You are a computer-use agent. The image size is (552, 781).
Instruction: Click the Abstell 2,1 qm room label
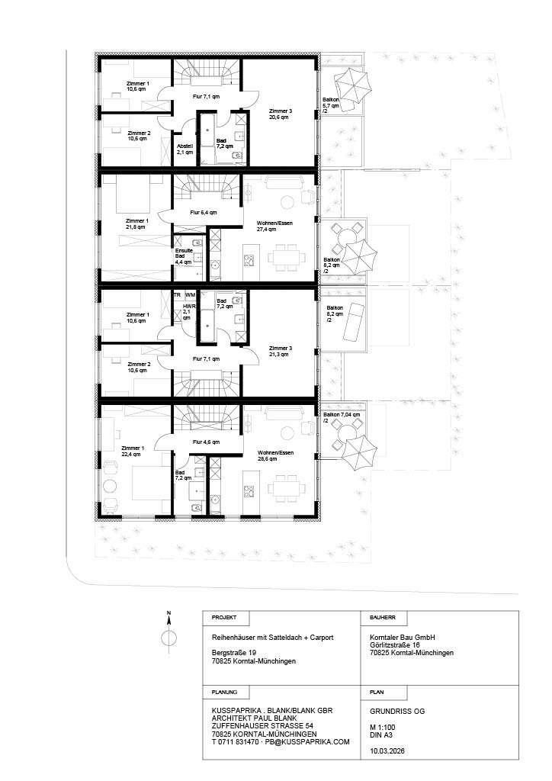(x=185, y=149)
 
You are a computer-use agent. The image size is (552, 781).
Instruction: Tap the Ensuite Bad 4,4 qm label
(x=183, y=256)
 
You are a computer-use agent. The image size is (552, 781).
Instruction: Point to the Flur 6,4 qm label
(x=204, y=212)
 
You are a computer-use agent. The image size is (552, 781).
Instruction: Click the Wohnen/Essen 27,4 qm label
(x=274, y=226)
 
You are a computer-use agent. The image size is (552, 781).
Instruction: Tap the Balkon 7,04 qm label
(x=341, y=417)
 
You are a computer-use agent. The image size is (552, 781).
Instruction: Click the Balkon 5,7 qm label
(x=331, y=105)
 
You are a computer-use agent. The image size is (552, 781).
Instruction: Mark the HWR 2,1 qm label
(x=188, y=312)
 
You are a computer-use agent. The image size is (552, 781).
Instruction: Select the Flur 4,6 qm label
(x=206, y=442)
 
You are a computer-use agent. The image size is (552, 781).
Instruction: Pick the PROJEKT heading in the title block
(x=224, y=617)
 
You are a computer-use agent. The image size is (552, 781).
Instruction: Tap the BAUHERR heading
(x=382, y=617)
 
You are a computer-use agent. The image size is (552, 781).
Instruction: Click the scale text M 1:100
(x=382, y=727)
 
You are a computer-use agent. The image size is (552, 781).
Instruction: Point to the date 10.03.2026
(x=387, y=750)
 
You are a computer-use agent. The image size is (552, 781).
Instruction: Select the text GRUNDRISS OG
(x=397, y=712)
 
